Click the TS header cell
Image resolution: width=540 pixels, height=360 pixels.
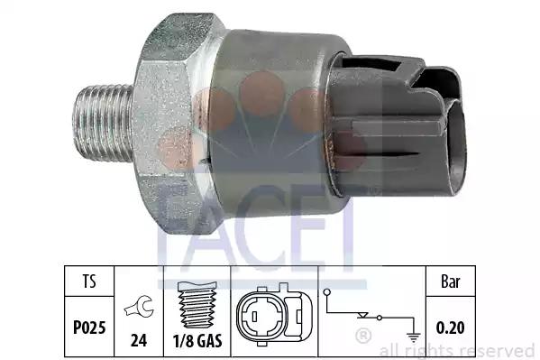point(89,281)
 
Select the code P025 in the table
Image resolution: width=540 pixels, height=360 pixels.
point(89,328)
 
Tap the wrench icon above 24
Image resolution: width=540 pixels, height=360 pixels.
point(139,306)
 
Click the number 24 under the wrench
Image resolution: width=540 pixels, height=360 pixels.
point(139,340)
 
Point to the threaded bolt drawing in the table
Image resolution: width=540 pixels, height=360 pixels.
point(197,304)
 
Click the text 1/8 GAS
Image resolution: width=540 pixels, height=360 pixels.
point(197,341)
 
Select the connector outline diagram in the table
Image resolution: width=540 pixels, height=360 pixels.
point(274,315)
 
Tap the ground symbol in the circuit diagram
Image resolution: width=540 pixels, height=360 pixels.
point(413,337)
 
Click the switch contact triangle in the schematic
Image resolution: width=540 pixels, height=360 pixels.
point(362,315)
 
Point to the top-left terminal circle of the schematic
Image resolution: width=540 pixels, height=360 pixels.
point(327,292)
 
